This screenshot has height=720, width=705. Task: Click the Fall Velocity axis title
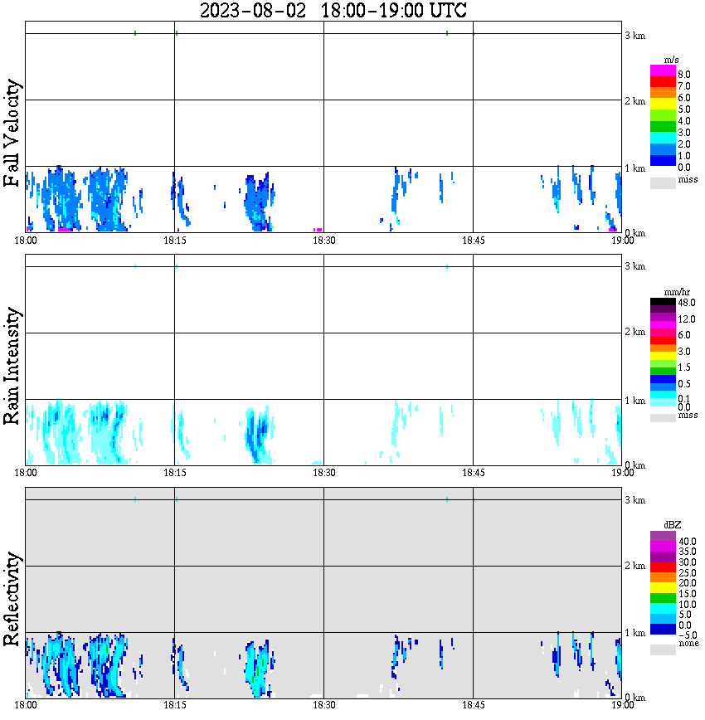[13, 133]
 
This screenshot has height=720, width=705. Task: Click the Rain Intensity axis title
[13, 366]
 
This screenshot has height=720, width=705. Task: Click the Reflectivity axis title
[13, 599]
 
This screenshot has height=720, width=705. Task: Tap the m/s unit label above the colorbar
[673, 61]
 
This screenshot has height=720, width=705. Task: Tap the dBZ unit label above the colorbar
[673, 525]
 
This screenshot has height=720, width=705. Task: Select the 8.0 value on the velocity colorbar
[684, 75]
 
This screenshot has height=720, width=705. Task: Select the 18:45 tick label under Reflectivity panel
[473, 705]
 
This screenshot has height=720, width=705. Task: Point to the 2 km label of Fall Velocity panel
[634, 101]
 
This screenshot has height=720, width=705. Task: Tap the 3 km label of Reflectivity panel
[634, 500]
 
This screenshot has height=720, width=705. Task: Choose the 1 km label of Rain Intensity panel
[634, 401]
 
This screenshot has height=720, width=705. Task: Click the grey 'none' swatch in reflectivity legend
[663, 649]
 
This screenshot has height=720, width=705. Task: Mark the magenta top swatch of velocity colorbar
[663, 70]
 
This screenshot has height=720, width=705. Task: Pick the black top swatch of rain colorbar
[663, 302]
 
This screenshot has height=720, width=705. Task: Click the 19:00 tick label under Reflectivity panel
[622, 705]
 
